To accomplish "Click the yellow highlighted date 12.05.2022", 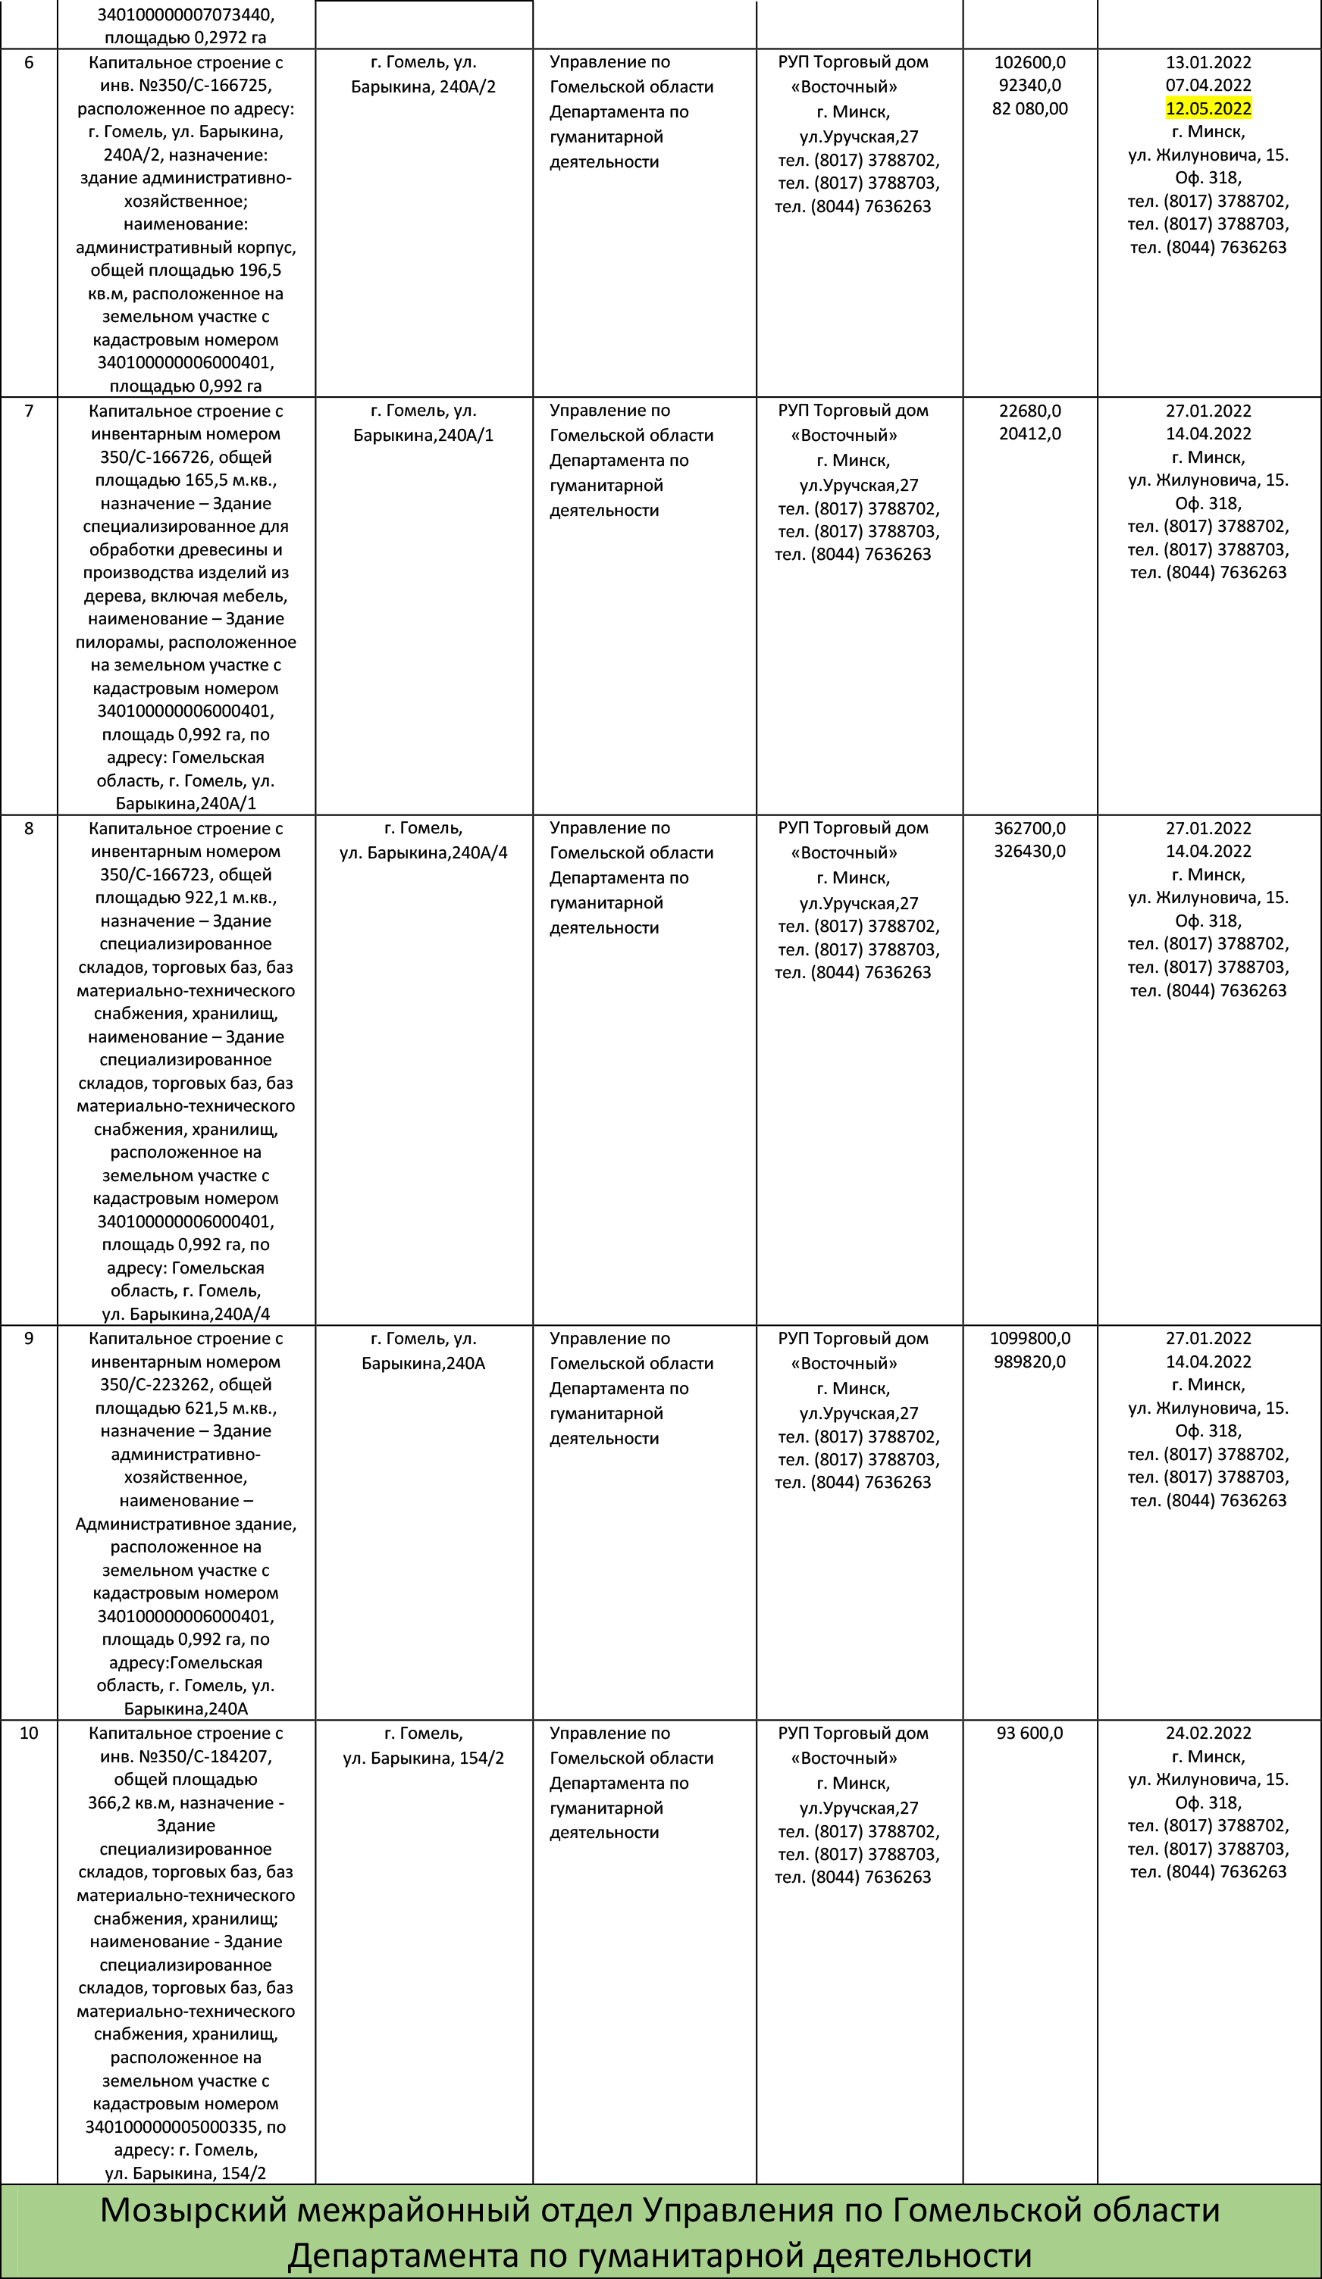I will [x=1208, y=108].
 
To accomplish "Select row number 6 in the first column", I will [x=29, y=62].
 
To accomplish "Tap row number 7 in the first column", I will [x=29, y=411].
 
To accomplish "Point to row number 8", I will [x=29, y=828].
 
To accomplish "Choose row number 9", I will [x=29, y=1339].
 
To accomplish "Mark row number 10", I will [x=29, y=1733].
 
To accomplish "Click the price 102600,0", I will [x=1029, y=62].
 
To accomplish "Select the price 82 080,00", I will [x=1029, y=108].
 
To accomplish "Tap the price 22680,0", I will [x=1029, y=411].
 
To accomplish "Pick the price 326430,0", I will [x=1029, y=851].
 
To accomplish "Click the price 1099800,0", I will [x=1029, y=1339].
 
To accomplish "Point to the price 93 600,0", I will [x=1029, y=1733].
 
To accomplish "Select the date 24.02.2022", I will [x=1208, y=1733].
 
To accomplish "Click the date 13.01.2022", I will [x=1208, y=62].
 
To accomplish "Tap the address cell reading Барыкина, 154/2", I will [x=424, y=1758].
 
